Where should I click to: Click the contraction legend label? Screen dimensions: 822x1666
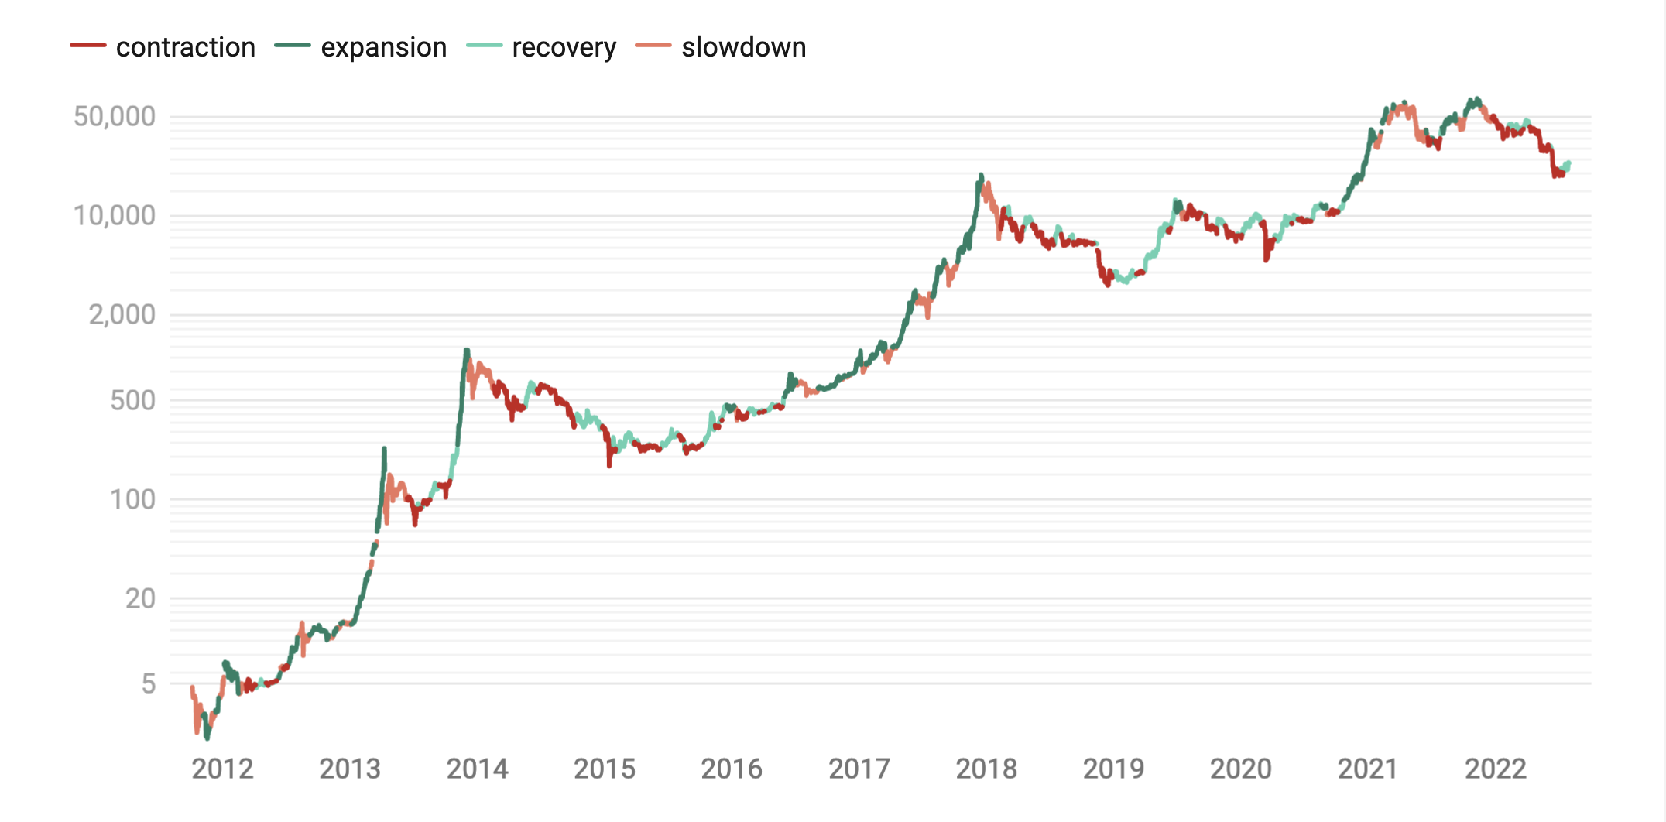[185, 47]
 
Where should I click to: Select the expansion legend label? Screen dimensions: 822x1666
[383, 47]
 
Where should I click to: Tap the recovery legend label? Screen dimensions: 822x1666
[564, 47]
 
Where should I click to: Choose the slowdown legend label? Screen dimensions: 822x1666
[743, 47]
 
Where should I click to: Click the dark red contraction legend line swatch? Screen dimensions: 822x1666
[87, 46]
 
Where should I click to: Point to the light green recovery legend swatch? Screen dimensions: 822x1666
[485, 46]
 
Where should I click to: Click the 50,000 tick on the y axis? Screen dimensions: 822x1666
[115, 117]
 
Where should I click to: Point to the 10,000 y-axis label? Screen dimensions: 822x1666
[115, 216]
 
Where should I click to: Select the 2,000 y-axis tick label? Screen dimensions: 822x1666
[122, 315]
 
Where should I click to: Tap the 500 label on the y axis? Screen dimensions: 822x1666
[132, 401]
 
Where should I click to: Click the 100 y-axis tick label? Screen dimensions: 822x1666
[132, 500]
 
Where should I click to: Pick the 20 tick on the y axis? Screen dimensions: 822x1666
[140, 599]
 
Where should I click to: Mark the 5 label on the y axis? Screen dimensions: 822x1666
[148, 684]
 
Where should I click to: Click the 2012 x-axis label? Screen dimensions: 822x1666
[222, 769]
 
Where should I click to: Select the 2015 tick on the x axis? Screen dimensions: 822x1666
[604, 769]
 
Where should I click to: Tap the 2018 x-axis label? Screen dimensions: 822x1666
[986, 769]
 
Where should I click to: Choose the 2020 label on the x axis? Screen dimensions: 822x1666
[1240, 769]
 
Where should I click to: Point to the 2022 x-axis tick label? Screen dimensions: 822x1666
[1495, 769]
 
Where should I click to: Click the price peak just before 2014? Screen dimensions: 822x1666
[467, 351]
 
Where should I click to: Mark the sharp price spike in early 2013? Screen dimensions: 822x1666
[384, 449]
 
